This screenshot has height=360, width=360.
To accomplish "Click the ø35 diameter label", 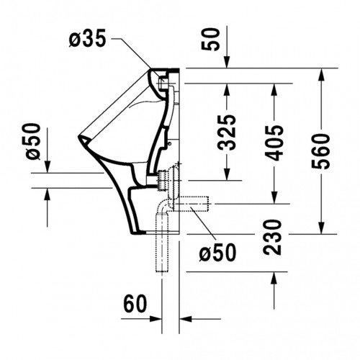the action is pos(87,38).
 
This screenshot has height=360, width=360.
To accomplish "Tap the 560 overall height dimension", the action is pos(321,151).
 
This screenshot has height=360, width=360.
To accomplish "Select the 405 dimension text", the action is pos(274,143).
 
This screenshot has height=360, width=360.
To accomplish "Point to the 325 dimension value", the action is pos(227,132).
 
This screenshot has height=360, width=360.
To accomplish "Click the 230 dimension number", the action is pos(272,237).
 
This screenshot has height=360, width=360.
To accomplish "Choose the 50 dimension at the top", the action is pos(210,40).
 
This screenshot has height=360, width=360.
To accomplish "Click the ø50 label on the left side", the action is pos(33,141).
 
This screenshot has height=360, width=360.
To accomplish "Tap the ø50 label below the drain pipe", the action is pos(217,252).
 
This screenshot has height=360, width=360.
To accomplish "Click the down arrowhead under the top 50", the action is pos(227,62).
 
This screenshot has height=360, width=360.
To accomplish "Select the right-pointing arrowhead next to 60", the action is pos(155,319).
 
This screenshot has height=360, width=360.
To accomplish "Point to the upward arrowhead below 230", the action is pos(274,278).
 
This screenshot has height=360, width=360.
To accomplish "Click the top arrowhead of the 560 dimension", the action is pos(321,74).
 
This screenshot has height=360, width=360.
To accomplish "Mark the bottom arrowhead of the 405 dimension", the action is pos(274,197).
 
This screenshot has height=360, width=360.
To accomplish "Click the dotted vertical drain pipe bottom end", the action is pos(162,271).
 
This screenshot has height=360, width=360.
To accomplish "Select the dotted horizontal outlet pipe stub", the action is pos(192,204).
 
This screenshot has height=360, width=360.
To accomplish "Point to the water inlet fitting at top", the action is pos(163,83).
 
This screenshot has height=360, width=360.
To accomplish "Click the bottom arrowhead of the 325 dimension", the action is pos(227,174).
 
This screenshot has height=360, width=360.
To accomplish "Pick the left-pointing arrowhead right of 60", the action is pos(186,319).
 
